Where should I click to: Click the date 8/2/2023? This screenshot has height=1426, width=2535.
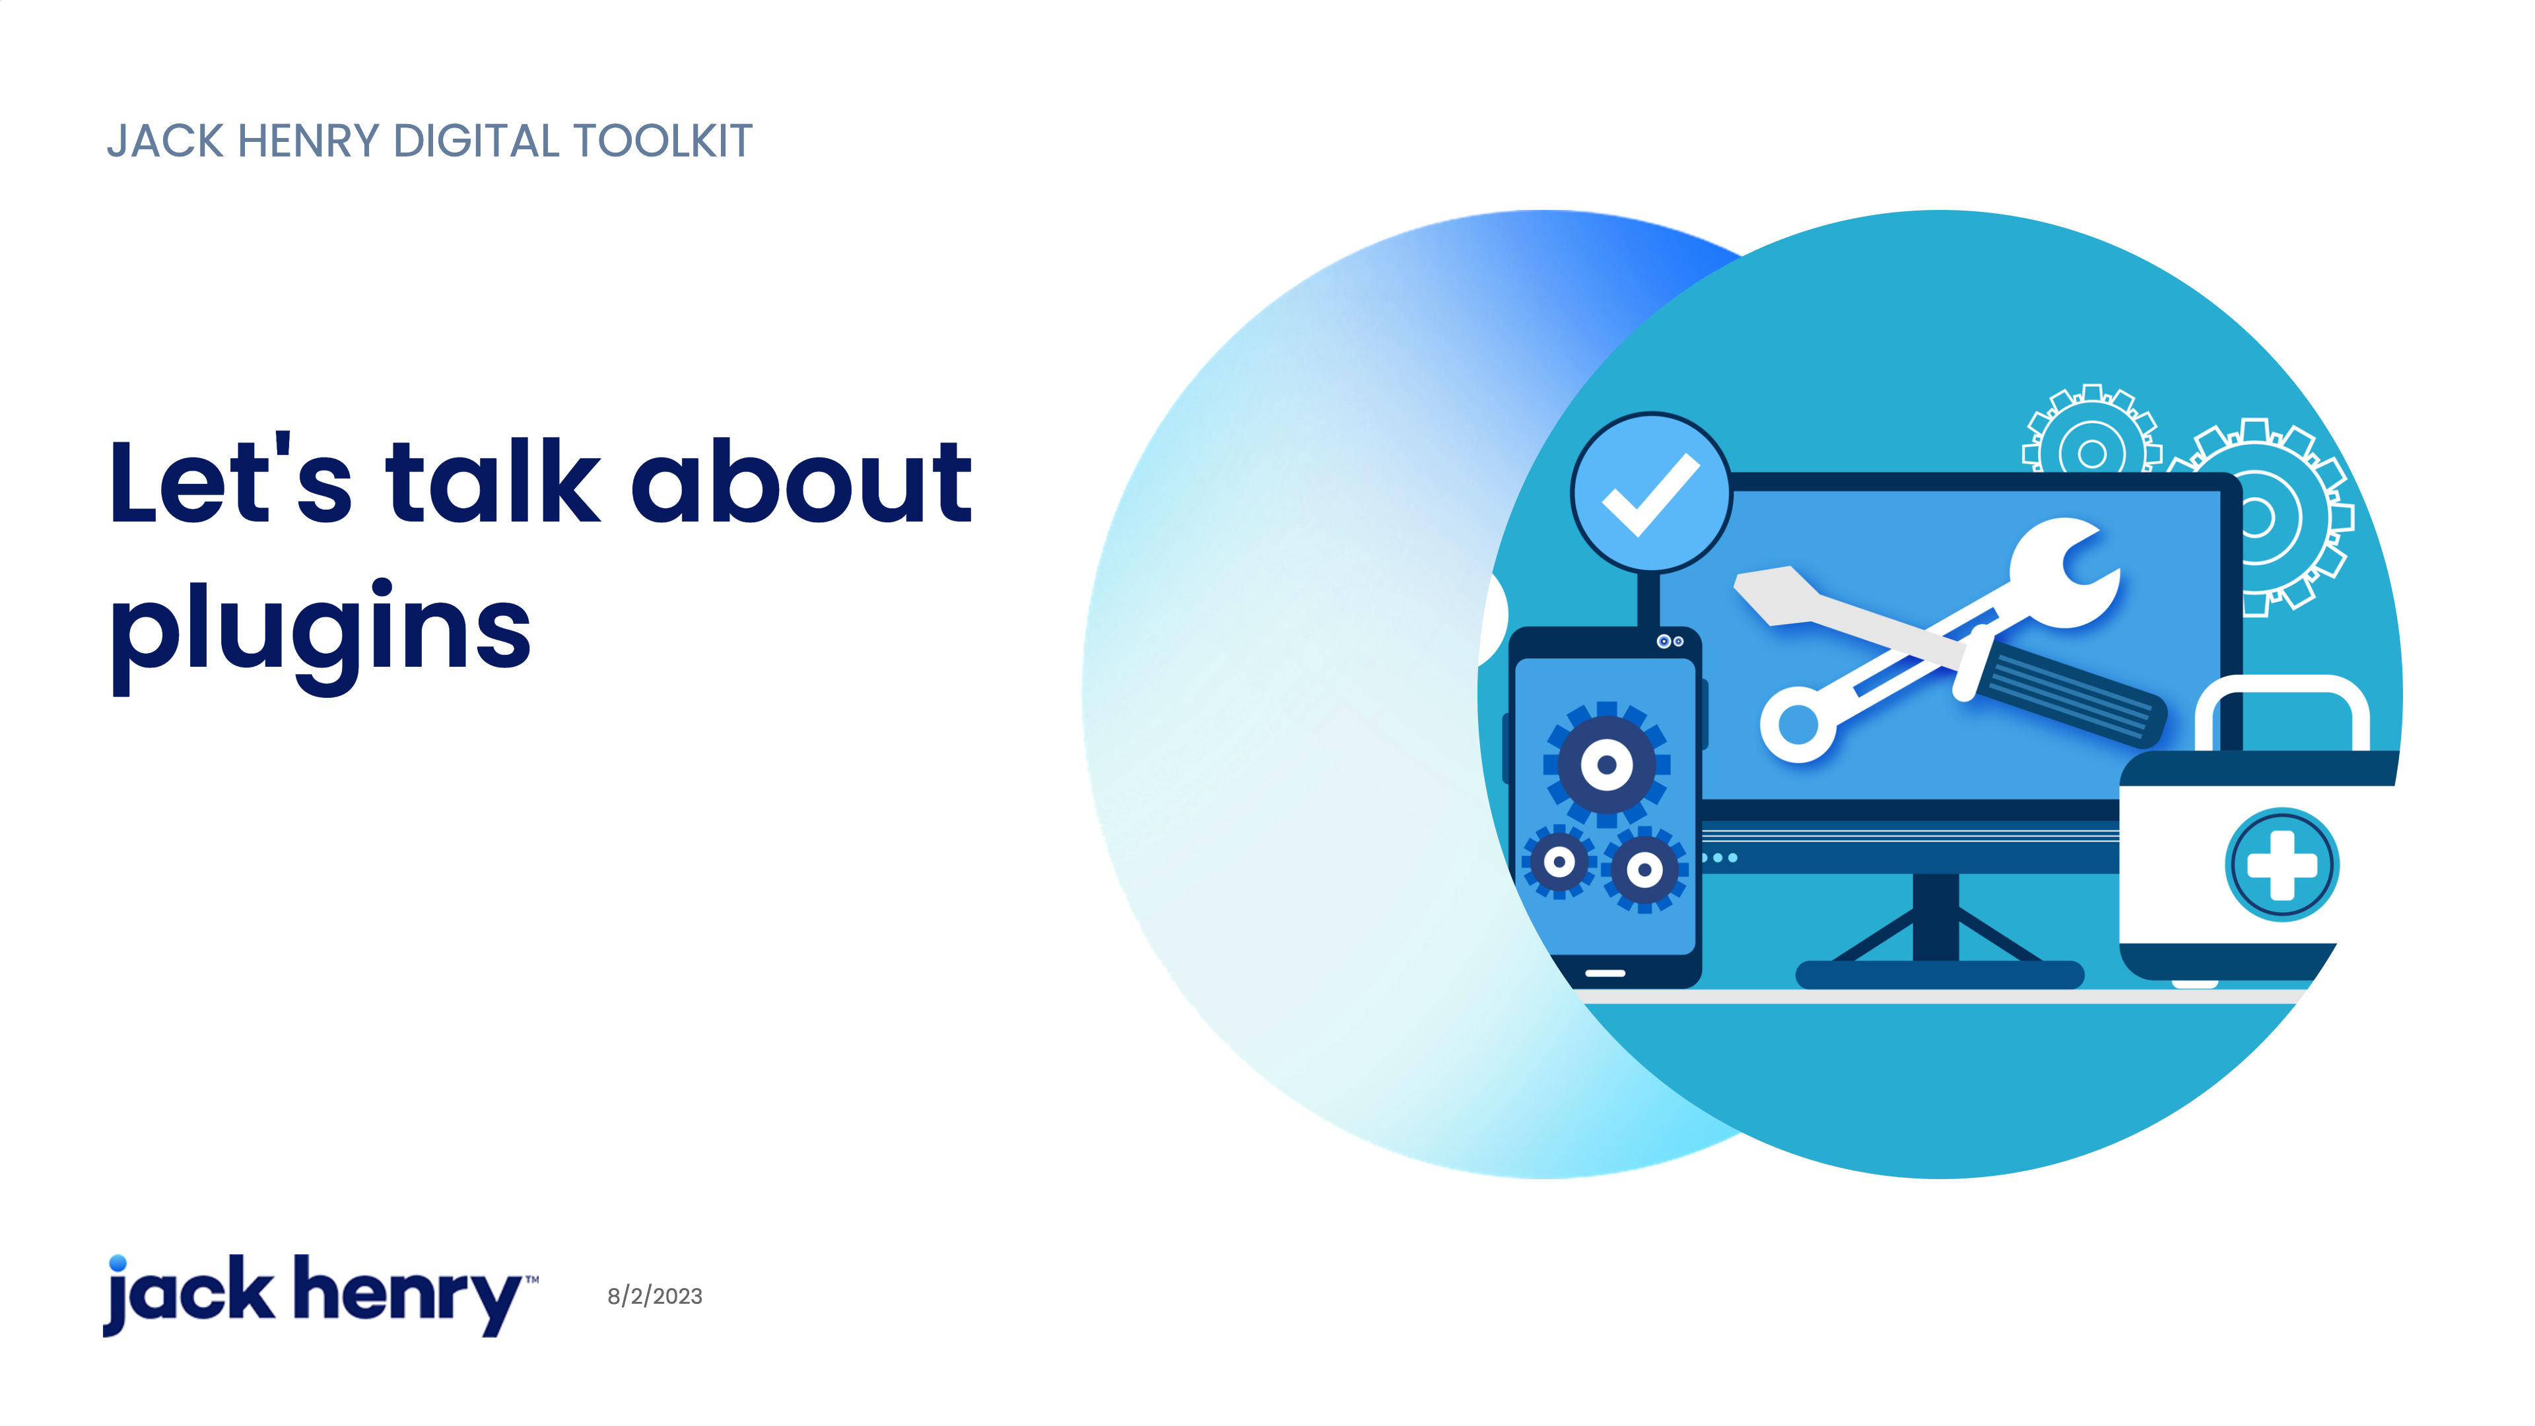(x=654, y=1296)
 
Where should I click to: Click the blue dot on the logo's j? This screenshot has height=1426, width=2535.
(x=118, y=1264)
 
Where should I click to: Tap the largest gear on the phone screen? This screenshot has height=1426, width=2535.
(x=1606, y=764)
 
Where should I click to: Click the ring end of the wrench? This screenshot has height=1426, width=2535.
(x=1798, y=724)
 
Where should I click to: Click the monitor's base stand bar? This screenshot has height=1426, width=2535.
(x=1940, y=974)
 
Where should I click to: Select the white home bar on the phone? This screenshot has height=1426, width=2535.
(x=1605, y=972)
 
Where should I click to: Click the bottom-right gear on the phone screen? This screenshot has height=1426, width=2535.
(x=1644, y=870)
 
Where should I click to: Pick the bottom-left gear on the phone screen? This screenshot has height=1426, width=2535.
(x=1559, y=863)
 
